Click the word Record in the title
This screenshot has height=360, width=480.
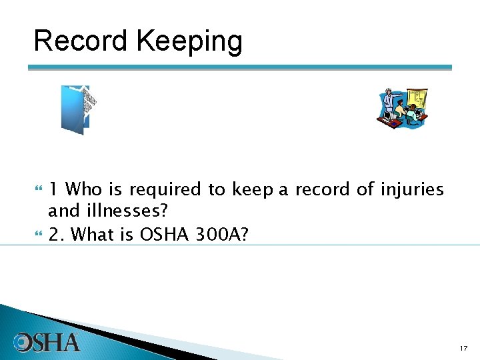(81, 41)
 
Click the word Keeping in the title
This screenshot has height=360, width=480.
(189, 41)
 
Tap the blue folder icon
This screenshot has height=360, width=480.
(79, 109)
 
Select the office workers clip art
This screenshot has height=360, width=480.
(402, 108)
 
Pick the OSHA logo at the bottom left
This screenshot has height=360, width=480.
(47, 343)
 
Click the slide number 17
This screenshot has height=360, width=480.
(463, 348)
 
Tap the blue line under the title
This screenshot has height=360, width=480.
(240, 67)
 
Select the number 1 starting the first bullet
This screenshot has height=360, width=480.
(53, 190)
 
